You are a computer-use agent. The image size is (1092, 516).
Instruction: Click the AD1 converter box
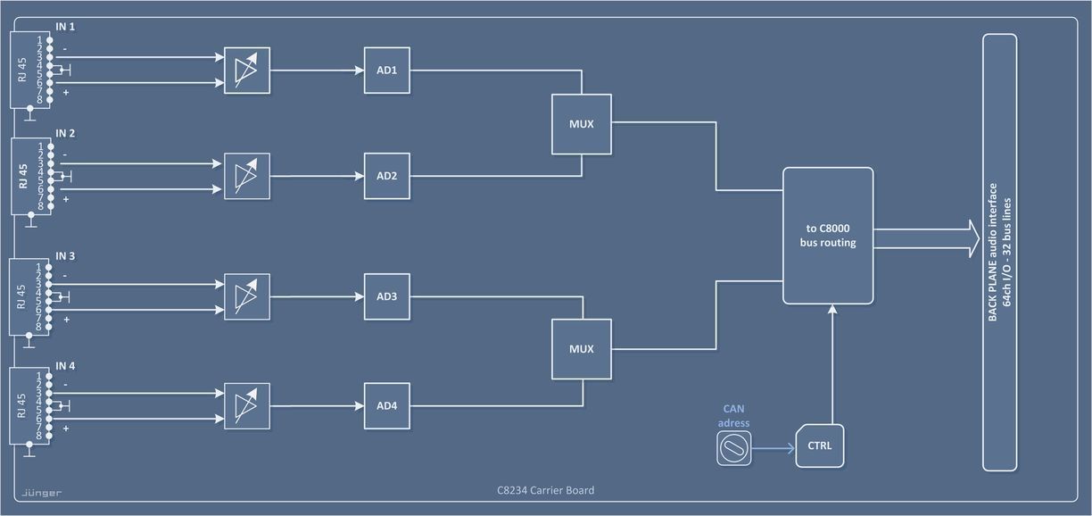(386, 70)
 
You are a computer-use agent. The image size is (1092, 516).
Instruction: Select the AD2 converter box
(386, 176)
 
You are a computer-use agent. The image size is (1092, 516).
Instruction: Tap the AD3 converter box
(386, 296)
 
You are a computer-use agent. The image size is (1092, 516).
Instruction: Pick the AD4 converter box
(386, 406)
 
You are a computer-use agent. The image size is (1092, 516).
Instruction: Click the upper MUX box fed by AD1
(582, 123)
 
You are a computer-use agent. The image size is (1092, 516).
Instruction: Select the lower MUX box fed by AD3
(582, 348)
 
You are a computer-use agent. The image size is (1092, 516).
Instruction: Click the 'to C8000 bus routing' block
(827, 236)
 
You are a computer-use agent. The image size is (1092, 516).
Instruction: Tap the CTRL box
(819, 445)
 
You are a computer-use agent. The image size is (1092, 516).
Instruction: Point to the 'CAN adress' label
(733, 415)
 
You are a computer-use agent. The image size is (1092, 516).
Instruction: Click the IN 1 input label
(65, 28)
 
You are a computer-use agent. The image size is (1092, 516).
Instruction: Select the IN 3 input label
(65, 256)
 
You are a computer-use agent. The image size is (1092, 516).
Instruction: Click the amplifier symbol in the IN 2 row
(246, 176)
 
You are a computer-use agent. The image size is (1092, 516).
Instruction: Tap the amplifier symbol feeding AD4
(246, 406)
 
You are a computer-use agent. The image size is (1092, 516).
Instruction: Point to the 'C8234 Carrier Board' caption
(545, 490)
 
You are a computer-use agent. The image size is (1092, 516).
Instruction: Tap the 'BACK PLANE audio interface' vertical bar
(999, 252)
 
